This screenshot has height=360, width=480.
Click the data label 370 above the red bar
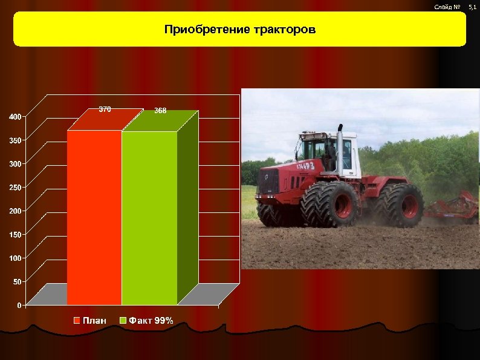click(x=105, y=110)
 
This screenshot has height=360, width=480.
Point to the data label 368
click(x=160, y=111)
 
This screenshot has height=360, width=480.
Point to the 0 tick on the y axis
click(x=19, y=305)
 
